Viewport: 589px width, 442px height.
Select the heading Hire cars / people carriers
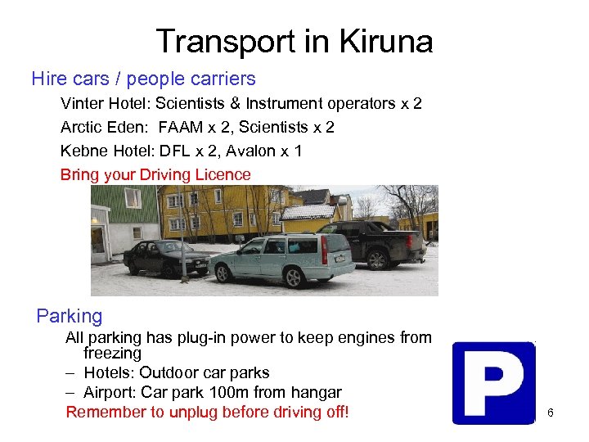[x=143, y=79]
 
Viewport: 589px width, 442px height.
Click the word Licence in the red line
[x=222, y=175]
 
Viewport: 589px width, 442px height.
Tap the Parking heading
[x=70, y=316]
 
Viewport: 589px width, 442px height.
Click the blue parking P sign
[x=493, y=382]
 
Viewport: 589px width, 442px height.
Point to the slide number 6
[x=551, y=413]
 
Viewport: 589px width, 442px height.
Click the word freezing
[x=112, y=354]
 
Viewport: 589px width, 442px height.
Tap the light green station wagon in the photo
[x=282, y=257]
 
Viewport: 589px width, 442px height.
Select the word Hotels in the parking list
[x=109, y=374]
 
